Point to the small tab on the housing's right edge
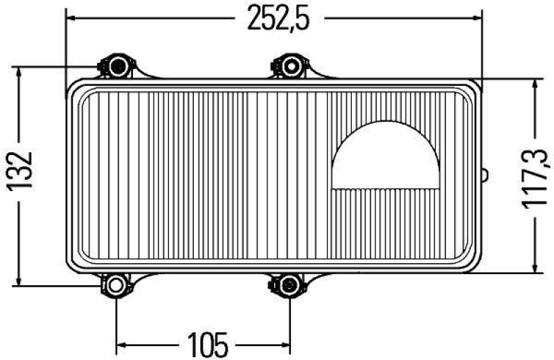pyautogui.click(x=485, y=175)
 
